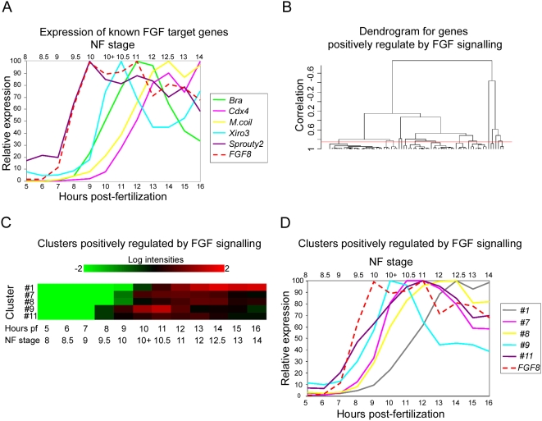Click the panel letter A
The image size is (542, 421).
pos(7,8)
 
